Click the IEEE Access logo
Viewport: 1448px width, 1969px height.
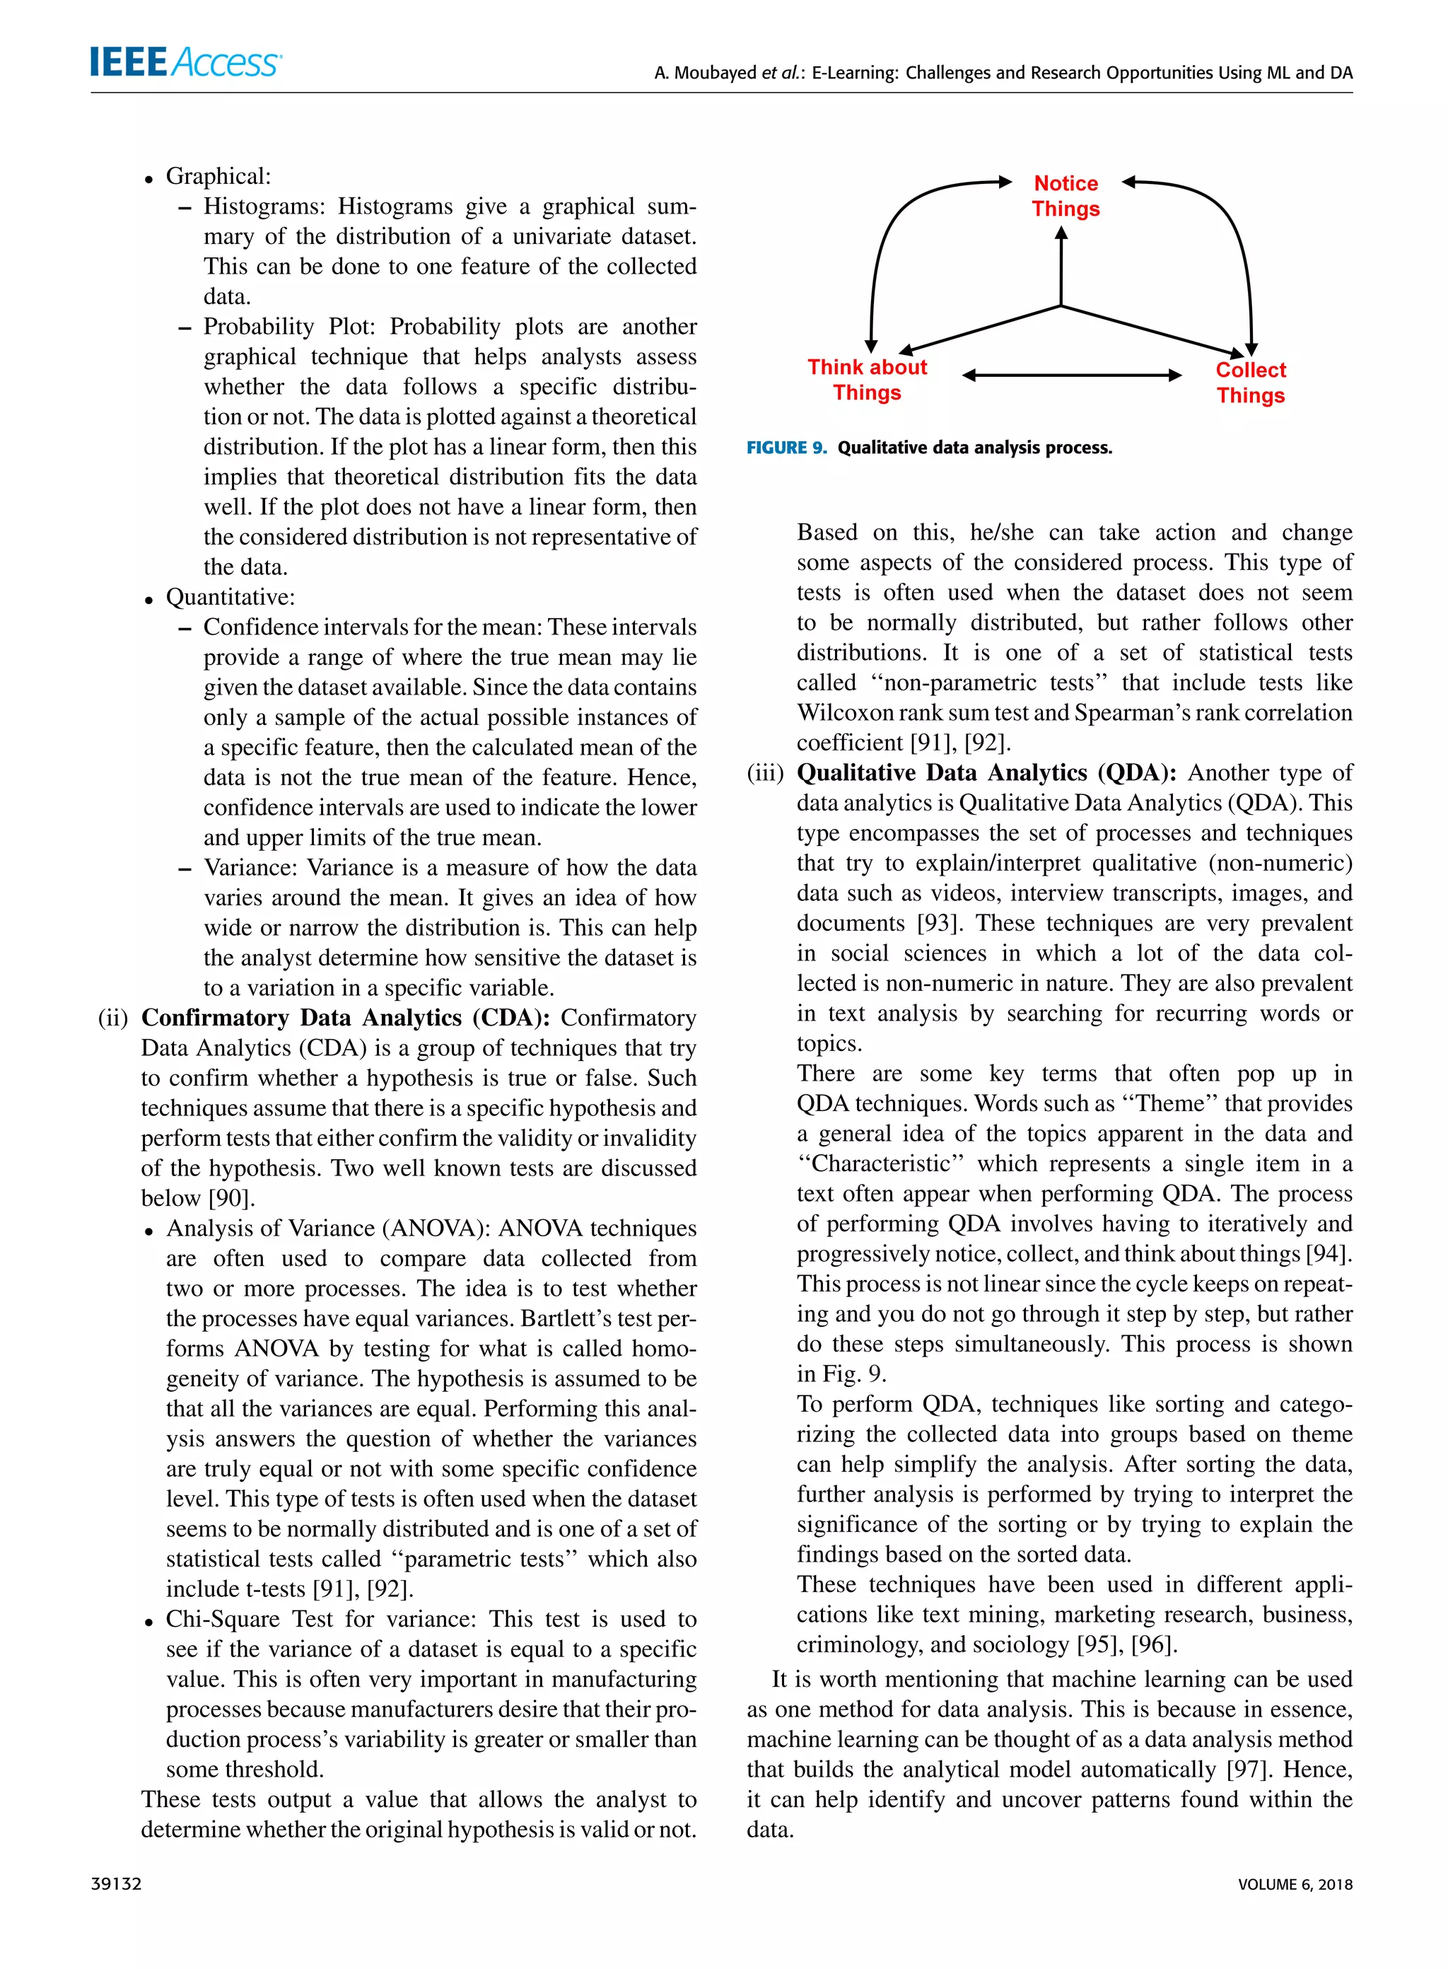185,62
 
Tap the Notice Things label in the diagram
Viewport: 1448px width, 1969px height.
1065,195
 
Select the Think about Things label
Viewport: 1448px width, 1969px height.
867,380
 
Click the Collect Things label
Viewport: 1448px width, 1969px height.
1250,382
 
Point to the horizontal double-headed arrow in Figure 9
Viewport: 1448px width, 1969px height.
1071,376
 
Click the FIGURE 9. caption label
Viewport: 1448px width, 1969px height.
786,448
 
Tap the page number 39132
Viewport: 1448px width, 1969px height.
117,1884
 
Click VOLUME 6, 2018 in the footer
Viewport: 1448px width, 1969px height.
1295,1884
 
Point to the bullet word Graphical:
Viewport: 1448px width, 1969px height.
218,176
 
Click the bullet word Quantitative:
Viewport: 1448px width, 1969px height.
230,597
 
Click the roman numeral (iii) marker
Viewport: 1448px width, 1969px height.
765,773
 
